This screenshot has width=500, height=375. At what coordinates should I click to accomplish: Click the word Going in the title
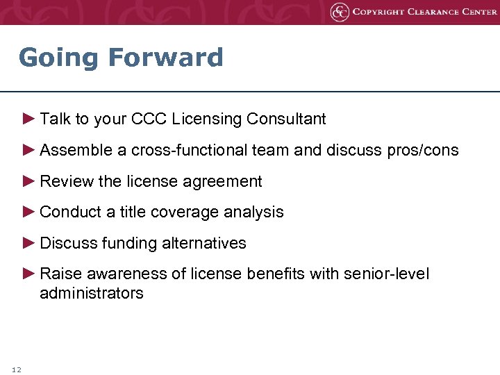59,58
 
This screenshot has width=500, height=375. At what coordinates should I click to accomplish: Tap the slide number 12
17,369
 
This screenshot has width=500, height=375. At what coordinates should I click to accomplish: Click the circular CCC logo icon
340,12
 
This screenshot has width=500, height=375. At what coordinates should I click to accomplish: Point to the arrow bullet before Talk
28,119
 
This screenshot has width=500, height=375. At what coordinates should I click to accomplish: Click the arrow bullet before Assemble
28,150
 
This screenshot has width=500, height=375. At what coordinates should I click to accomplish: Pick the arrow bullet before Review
28,181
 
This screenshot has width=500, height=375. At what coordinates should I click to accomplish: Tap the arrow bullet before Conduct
28,212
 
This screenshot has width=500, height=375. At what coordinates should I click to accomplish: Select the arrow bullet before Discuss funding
28,243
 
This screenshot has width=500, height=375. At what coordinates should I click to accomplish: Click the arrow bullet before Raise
28,274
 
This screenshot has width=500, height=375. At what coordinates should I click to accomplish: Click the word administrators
92,293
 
